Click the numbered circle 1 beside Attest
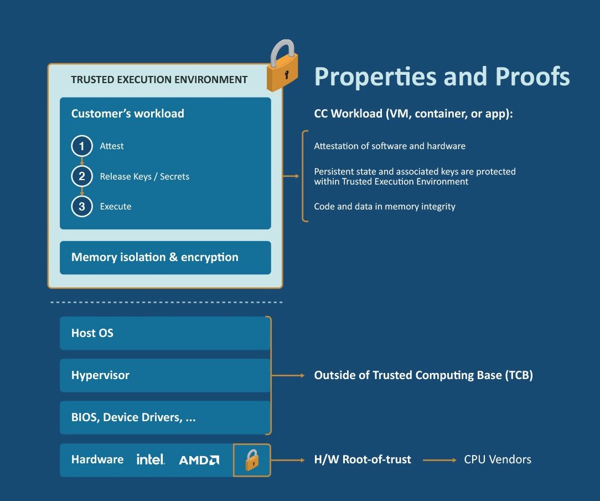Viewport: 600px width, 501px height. [82, 146]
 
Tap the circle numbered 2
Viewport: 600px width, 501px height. [82, 176]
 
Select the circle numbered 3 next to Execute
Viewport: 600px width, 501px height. [82, 207]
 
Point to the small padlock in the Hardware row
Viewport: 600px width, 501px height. [252, 460]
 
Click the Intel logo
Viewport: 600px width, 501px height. [151, 459]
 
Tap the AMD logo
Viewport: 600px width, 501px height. [199, 460]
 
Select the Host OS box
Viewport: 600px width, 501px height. [165, 333]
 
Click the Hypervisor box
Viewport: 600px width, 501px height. [165, 375]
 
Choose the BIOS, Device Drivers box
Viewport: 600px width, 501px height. [165, 417]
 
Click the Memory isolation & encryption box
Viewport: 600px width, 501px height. [165, 257]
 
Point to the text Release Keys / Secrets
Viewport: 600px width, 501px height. [144, 177]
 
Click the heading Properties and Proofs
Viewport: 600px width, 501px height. [442, 76]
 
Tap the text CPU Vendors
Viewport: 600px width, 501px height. [498, 459]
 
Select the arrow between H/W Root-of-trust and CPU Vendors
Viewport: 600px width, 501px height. [439, 460]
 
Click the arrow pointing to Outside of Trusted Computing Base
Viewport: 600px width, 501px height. [288, 375]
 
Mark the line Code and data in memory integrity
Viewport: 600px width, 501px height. [385, 207]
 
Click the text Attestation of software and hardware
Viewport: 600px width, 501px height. [390, 146]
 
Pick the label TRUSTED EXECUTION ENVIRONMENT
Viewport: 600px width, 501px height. [159, 80]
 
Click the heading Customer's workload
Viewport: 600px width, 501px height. [127, 114]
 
